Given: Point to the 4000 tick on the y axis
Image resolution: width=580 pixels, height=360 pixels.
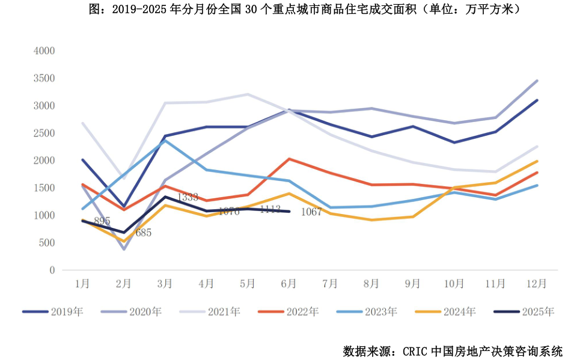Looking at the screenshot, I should pyautogui.click(x=44, y=51).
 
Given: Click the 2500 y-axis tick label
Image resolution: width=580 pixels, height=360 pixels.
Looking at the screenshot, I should pyautogui.click(x=44, y=133).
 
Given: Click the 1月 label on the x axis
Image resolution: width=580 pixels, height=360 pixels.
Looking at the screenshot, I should pyautogui.click(x=82, y=283).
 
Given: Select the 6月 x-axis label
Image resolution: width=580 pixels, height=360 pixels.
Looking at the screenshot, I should pyautogui.click(x=288, y=283).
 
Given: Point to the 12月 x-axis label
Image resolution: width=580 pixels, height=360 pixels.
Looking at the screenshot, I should pyautogui.click(x=536, y=283).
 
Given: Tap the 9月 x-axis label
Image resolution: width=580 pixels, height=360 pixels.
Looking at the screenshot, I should pyautogui.click(x=412, y=283).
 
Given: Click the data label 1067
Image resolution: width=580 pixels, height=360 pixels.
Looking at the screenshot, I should pyautogui.click(x=311, y=212).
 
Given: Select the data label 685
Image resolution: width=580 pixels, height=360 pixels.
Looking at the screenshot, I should pyautogui.click(x=143, y=233).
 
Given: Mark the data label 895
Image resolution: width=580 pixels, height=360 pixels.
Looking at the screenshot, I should pyautogui.click(x=102, y=221).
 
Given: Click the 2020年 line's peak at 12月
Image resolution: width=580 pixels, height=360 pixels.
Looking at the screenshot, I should pyautogui.click(x=537, y=81).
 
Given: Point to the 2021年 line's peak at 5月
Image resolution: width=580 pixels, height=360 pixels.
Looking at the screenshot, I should pyautogui.click(x=247, y=94).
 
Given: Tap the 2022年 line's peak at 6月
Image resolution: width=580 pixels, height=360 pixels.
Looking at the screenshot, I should pyautogui.click(x=288, y=159).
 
